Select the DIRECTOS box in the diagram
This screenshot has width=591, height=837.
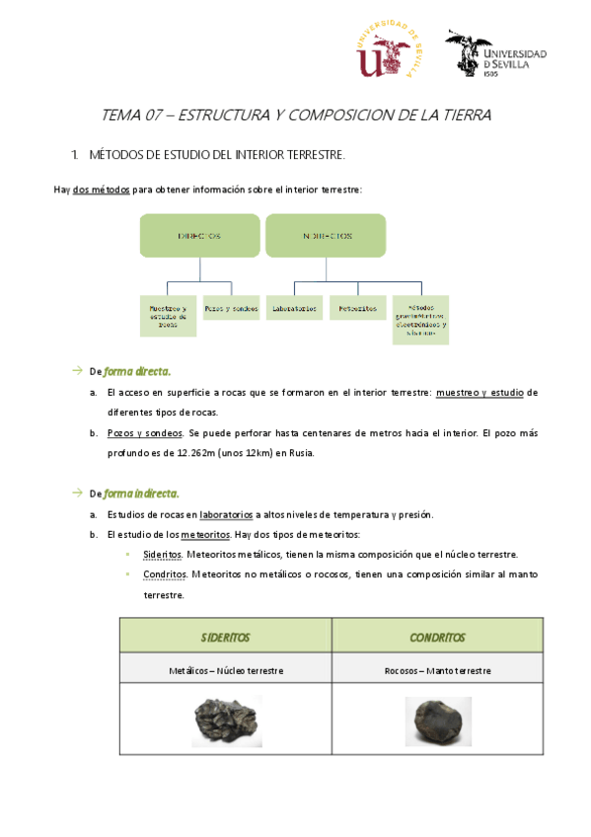(x=198, y=237)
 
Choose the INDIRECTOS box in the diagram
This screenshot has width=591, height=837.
(x=327, y=237)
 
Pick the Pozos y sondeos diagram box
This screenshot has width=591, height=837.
(x=231, y=308)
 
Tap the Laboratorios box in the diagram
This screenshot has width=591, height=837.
(x=294, y=308)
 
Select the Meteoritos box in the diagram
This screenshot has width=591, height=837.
(x=357, y=308)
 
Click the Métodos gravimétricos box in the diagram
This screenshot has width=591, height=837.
(x=420, y=319)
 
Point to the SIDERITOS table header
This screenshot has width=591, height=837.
(x=225, y=638)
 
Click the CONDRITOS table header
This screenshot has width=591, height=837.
(x=437, y=638)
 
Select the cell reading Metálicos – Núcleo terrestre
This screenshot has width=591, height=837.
(x=225, y=670)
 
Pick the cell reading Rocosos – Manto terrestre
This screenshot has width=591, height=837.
(x=437, y=670)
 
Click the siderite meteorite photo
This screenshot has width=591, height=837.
(x=225, y=722)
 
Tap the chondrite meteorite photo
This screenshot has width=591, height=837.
(x=437, y=722)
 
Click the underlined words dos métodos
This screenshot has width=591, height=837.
(x=102, y=190)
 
